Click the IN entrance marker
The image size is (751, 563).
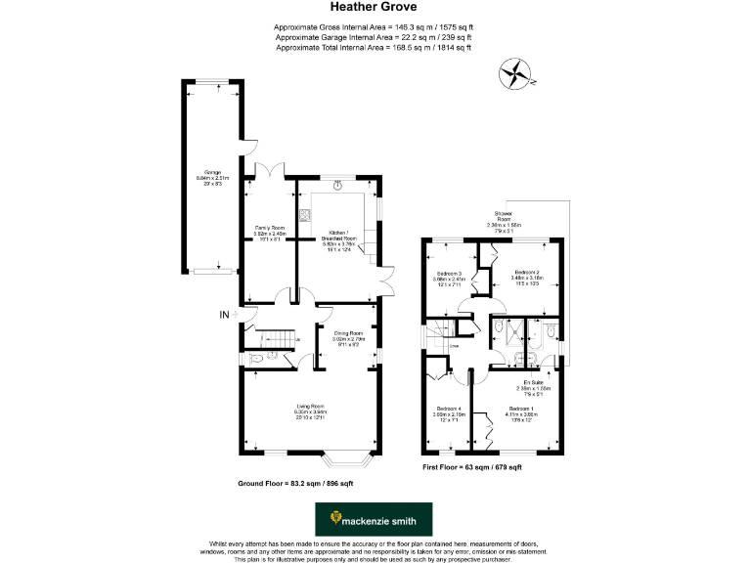224,314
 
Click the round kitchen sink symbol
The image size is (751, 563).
338,186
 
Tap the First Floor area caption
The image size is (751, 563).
471,468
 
